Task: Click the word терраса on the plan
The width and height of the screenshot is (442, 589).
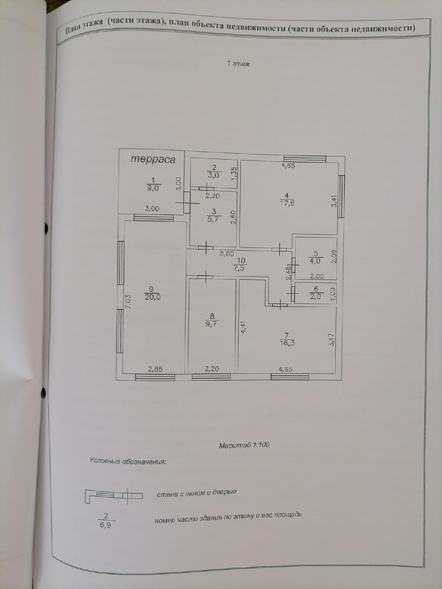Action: (x=153, y=160)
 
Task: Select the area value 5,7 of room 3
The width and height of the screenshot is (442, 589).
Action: (x=213, y=220)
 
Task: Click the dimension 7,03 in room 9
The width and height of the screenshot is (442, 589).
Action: (x=128, y=303)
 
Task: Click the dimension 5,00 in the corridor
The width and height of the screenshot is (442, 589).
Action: (x=228, y=253)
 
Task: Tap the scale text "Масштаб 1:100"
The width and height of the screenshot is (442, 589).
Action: (x=244, y=445)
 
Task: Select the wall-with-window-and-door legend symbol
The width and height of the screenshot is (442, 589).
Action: (x=113, y=495)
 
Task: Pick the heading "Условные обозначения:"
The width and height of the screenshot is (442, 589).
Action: (x=128, y=461)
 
